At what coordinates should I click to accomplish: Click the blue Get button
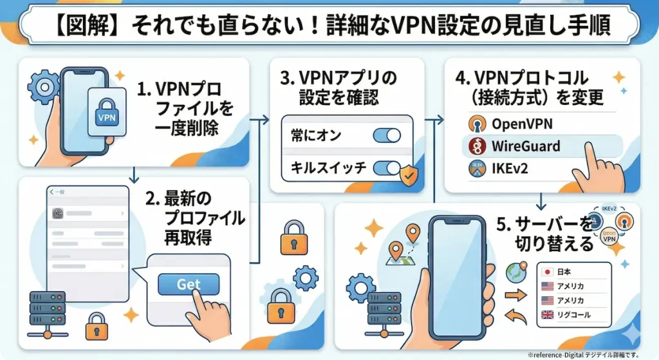189,284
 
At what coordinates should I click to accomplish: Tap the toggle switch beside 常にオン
386,135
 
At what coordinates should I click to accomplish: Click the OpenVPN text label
521,123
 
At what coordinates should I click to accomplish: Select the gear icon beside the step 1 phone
43,86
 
